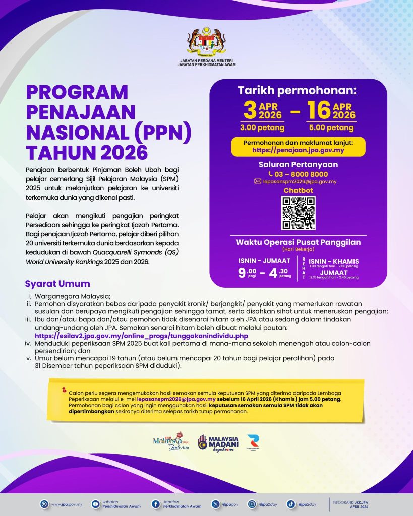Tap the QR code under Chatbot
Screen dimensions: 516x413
click(298, 213)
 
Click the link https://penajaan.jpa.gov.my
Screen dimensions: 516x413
click(298, 150)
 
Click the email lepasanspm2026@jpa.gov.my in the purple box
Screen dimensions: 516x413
click(302, 181)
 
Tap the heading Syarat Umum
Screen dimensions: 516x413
click(57, 284)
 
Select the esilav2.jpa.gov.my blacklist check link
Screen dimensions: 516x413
click(141, 335)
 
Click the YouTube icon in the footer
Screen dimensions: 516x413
click(96, 503)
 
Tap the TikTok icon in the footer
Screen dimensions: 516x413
click(291, 503)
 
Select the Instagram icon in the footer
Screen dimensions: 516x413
click(251, 503)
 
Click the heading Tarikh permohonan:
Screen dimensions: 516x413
click(298, 91)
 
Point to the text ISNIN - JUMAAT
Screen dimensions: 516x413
click(265, 260)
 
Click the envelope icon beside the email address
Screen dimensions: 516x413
click(258, 181)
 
